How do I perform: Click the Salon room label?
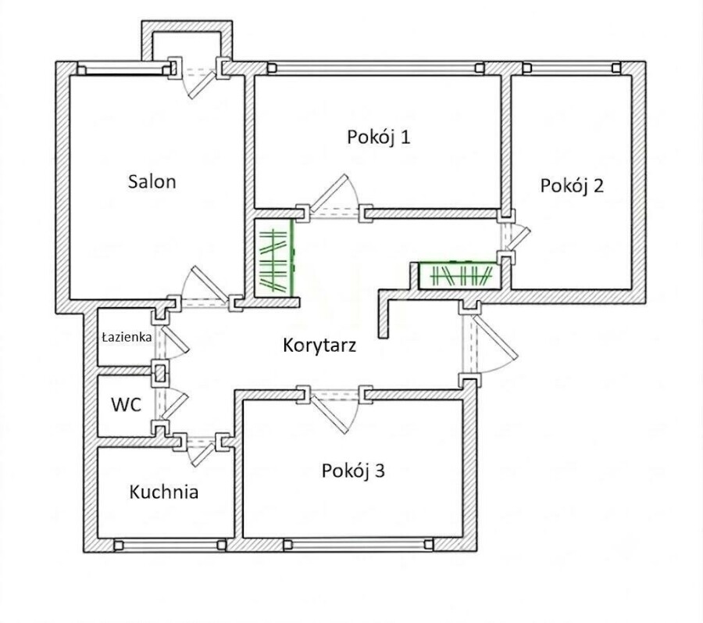click(x=152, y=181)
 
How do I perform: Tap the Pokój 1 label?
click(x=379, y=137)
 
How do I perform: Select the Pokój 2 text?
click(x=572, y=186)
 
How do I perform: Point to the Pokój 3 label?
click(x=353, y=471)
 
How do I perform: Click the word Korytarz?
click(x=319, y=346)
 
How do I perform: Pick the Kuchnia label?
click(x=164, y=492)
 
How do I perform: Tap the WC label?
click(x=127, y=405)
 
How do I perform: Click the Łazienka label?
click(x=127, y=337)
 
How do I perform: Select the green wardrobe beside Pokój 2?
click(x=459, y=275)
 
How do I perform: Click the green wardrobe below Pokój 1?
click(x=274, y=258)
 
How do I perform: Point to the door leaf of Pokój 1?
click(x=330, y=193)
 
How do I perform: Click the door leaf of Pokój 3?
click(x=330, y=414)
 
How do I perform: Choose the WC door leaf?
click(x=175, y=406)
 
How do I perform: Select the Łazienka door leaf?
click(x=175, y=338)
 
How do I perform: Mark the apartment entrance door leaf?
click(x=495, y=336)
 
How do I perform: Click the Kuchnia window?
click(x=170, y=545)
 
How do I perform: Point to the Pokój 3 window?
click(x=359, y=545)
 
